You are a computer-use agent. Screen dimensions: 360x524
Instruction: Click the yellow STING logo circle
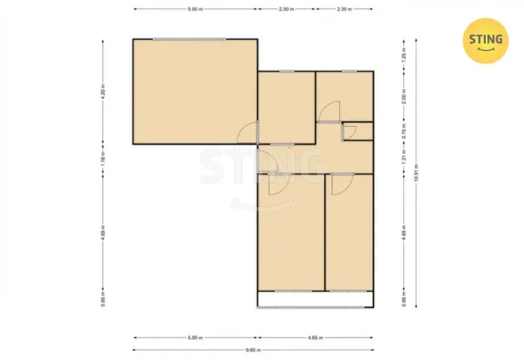pos(485,40)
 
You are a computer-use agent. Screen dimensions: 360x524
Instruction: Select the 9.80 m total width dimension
pos(253,350)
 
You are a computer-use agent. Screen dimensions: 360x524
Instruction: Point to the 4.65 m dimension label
pos(315,337)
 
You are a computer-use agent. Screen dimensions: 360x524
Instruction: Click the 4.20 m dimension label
pos(102,92)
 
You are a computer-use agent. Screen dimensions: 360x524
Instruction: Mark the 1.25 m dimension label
pos(403,56)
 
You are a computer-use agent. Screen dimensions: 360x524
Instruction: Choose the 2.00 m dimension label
pos(403,97)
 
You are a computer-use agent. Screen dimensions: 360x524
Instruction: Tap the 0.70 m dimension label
pos(403,132)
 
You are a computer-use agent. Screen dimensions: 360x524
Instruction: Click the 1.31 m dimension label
pos(403,158)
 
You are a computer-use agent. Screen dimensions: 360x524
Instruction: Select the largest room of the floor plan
pos(194,91)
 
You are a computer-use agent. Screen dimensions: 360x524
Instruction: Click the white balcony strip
pos(315,299)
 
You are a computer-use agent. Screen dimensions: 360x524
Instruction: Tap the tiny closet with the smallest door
pos(359,132)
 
